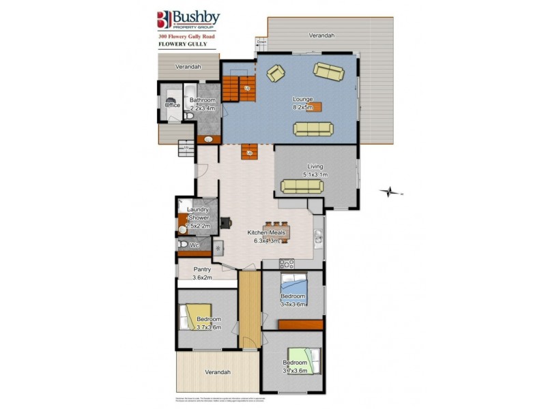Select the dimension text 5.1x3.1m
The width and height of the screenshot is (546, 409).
pos(315,175)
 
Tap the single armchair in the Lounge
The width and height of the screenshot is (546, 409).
pos(276,72)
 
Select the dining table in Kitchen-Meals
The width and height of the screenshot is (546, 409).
pos(276,231)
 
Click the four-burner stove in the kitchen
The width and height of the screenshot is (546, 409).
pos(286,264)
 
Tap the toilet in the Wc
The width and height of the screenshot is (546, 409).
pos(182,244)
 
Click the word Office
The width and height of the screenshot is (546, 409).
pos(173,105)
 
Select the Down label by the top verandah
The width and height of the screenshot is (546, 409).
pos(261,42)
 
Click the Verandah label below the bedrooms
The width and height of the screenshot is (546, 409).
pos(217,372)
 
